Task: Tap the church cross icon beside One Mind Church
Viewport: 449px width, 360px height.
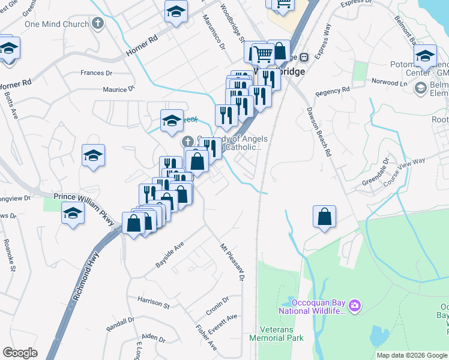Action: (97, 24)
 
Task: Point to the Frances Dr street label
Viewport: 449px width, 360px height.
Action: (97, 73)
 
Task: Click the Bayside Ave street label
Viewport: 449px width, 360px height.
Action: (170, 254)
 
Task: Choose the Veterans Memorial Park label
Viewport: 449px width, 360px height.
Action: (282, 334)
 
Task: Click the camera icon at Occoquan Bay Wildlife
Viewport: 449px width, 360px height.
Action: (355, 306)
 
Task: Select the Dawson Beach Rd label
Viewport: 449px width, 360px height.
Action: (319, 132)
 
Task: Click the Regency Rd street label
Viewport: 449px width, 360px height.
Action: (332, 92)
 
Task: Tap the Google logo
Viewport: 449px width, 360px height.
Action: (20, 353)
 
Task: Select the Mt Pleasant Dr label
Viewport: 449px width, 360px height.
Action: (232, 260)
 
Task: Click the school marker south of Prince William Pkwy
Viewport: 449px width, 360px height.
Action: (73, 214)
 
